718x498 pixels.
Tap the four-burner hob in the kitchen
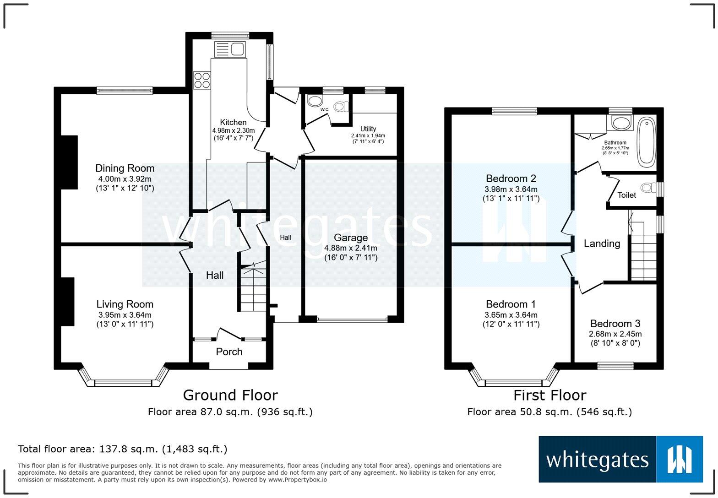(202, 81)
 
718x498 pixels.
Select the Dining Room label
(125, 168)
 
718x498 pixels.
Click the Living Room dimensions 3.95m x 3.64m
(125, 315)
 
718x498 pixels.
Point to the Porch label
(229, 352)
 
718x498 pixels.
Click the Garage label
(351, 238)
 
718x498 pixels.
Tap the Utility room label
(368, 129)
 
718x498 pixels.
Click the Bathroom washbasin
(621, 123)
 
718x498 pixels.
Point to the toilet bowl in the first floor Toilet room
(647, 188)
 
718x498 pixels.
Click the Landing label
(602, 244)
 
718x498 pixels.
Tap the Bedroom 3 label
(615, 324)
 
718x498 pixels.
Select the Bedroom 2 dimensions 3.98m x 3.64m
(511, 189)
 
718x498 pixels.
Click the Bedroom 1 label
(511, 304)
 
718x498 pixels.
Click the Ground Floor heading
(230, 395)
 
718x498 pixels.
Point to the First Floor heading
(549, 395)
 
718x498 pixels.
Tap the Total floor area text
(122, 449)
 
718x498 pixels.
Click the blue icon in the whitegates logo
(679, 459)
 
